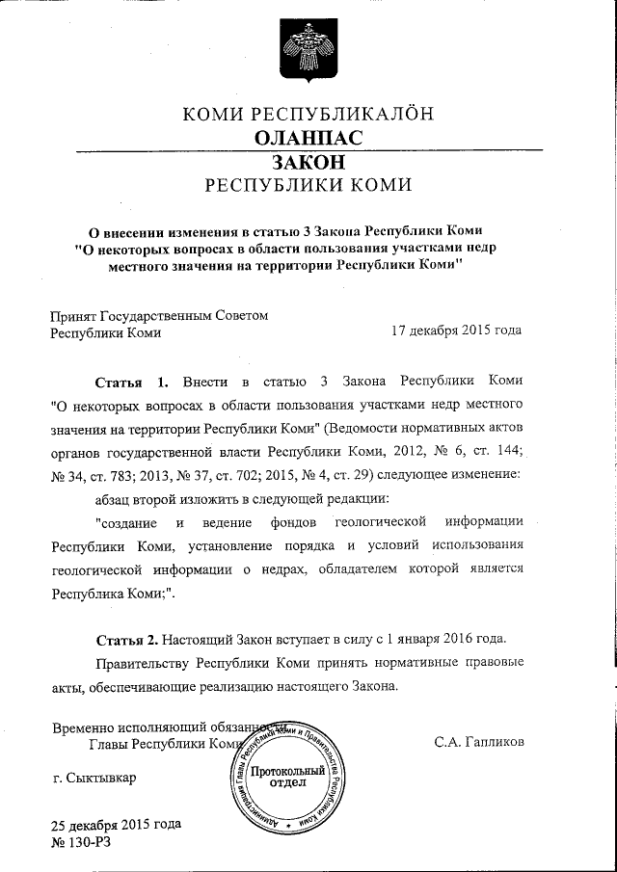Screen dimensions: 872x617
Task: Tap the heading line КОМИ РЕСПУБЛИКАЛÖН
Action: pos(308,114)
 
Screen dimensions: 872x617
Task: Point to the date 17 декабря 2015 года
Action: pos(456,330)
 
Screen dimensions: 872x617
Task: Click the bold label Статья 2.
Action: pos(128,639)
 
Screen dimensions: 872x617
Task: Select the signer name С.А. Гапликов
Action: pos(479,742)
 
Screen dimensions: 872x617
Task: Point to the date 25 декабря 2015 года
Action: pos(115,826)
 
